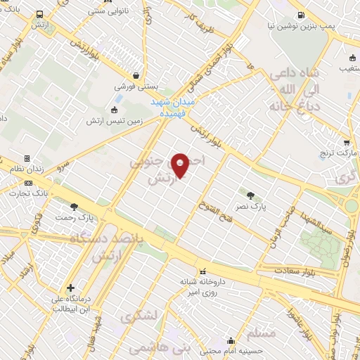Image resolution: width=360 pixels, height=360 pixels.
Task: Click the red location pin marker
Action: click(181, 165)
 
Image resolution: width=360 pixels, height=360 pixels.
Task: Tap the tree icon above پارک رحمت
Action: click(74, 206)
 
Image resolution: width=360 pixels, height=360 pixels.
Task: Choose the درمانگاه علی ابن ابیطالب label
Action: click(71, 305)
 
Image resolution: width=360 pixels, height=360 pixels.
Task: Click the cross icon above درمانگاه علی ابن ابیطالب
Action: click(71, 288)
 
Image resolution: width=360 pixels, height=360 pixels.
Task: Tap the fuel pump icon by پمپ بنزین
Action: click(302, 15)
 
